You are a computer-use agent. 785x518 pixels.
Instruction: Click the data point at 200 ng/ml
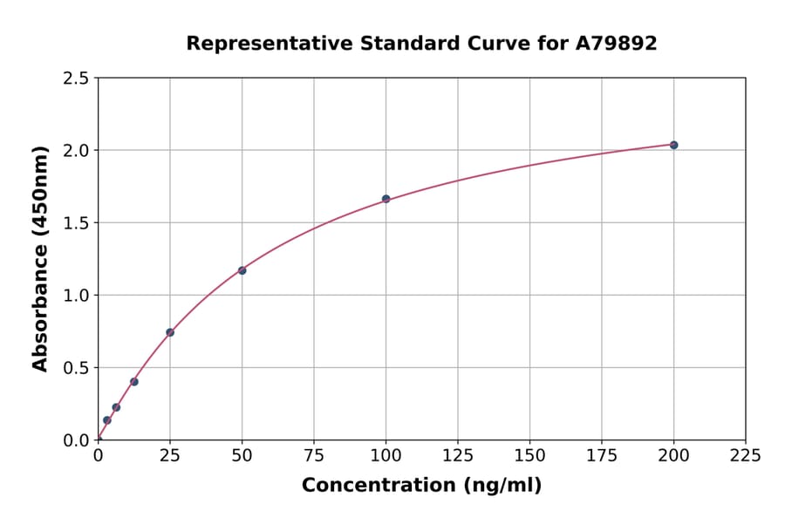(x=673, y=145)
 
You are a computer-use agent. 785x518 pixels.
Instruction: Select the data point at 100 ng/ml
(x=386, y=199)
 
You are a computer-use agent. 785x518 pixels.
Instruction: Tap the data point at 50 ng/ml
(x=242, y=270)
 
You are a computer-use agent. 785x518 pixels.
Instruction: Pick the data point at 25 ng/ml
(x=170, y=332)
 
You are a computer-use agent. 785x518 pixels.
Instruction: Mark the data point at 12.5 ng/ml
(x=133, y=381)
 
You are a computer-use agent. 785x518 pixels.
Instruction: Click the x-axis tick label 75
(x=314, y=455)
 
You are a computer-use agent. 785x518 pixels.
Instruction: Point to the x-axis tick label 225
(x=746, y=455)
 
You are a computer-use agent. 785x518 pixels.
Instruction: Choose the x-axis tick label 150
(x=529, y=455)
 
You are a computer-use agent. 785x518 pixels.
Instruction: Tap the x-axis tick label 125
(x=458, y=455)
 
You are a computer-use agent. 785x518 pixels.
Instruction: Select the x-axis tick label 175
(x=602, y=455)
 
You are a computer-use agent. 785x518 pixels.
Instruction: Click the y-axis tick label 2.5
(x=76, y=78)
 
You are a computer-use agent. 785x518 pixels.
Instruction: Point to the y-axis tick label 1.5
(x=76, y=223)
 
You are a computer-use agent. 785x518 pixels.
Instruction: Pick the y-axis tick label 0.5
(x=76, y=368)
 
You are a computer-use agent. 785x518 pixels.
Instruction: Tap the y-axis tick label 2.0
(x=76, y=151)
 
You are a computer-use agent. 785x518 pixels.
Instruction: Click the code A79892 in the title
(x=618, y=44)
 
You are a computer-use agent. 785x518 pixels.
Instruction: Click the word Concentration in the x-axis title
(x=379, y=486)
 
